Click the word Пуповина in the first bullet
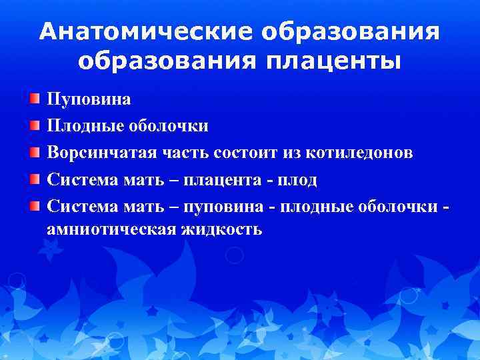(x=88, y=99)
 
